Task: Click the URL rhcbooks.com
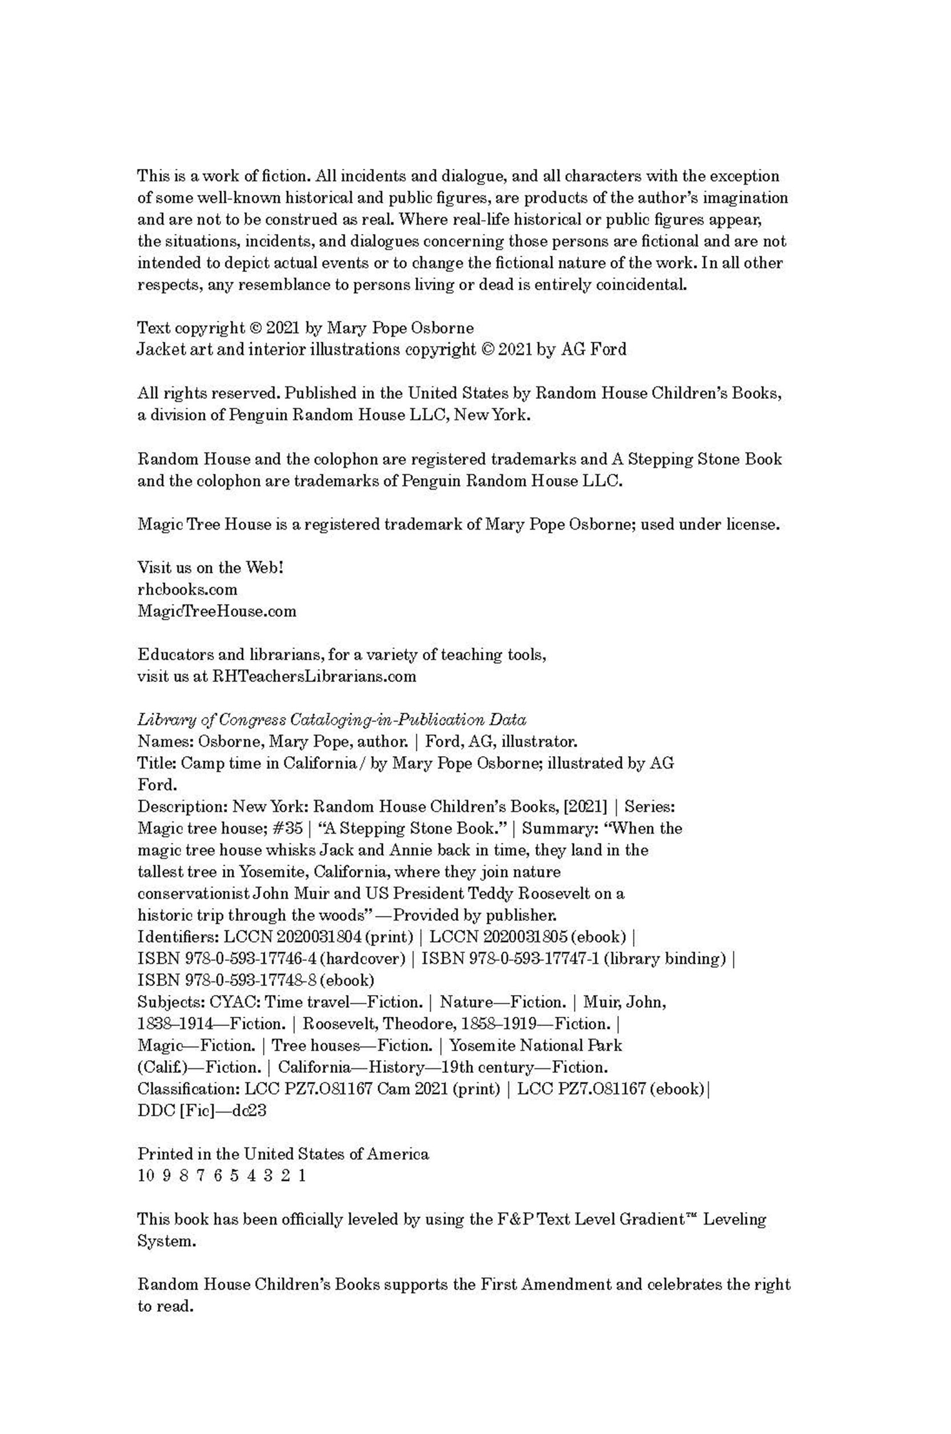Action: pos(188,589)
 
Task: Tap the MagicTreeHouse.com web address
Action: pos(217,612)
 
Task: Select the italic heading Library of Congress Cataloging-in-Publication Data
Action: pos(332,720)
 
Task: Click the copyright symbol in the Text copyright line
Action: pos(256,328)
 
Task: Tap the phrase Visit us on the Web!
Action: pos(211,568)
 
